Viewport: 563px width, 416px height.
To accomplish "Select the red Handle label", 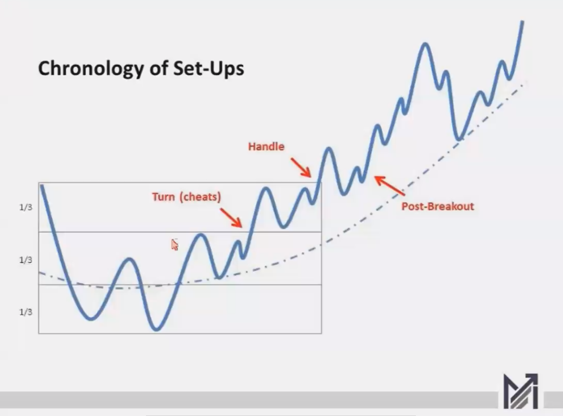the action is coord(266,146).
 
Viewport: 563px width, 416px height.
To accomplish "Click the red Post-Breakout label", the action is coord(438,206).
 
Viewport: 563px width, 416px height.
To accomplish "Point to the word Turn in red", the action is coord(163,196).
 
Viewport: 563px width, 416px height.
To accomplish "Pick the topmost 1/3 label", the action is coord(26,207).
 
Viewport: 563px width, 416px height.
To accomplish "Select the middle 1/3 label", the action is coord(26,260).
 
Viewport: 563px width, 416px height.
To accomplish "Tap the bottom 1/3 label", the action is coord(26,312).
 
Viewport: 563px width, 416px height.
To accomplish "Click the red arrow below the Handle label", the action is coord(301,168).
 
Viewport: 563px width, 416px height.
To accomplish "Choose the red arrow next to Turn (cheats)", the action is coord(231,217).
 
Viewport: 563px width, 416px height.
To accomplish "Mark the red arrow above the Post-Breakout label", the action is coord(390,185).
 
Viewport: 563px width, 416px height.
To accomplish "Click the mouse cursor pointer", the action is coord(174,245).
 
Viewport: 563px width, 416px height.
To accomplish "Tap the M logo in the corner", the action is coord(521,391).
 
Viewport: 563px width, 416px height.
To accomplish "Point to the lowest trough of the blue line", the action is coord(156,329).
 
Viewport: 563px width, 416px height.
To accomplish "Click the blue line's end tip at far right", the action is coord(522,22).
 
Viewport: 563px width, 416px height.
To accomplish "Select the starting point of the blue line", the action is coord(42,186).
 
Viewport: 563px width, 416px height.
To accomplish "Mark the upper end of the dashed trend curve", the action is coord(525,84).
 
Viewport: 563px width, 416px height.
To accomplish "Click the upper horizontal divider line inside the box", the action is coord(180,232).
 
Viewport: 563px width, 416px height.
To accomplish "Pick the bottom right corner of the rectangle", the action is coord(321,333).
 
